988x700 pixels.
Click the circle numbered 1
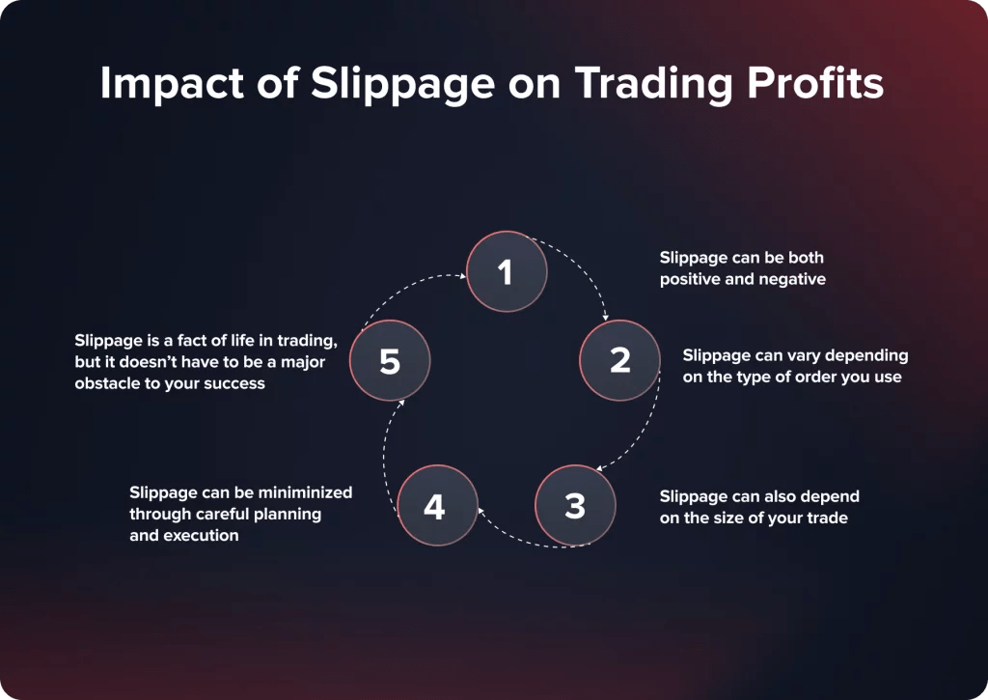pos(507,272)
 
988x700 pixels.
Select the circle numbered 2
pos(619,360)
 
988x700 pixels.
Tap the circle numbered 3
pos(575,505)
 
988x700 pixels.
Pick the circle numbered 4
pos(436,506)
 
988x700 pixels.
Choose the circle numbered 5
pos(390,361)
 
